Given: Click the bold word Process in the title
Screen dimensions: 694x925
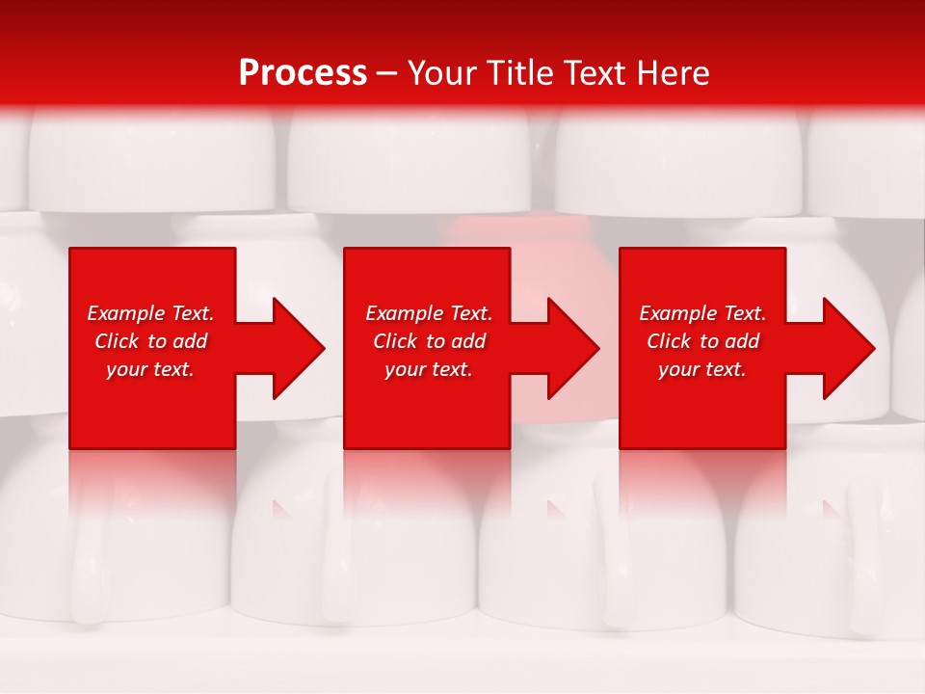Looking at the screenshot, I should coord(303,72).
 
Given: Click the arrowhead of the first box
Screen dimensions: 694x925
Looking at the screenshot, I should coord(300,348).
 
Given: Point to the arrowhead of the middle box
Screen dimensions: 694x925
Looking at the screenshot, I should coord(574,348).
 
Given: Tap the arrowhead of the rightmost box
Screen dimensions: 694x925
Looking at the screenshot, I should coord(849,348).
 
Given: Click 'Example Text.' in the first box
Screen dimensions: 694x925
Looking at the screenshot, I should coord(150,313).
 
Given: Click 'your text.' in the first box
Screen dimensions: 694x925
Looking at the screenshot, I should coord(150,369).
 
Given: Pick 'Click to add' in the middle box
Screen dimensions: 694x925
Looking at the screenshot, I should coord(429,341).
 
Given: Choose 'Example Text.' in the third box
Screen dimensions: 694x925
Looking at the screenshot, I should coord(702,313).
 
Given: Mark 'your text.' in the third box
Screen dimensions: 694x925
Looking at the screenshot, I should coord(702,369).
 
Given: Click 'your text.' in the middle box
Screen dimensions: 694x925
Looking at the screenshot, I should coord(429,369).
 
